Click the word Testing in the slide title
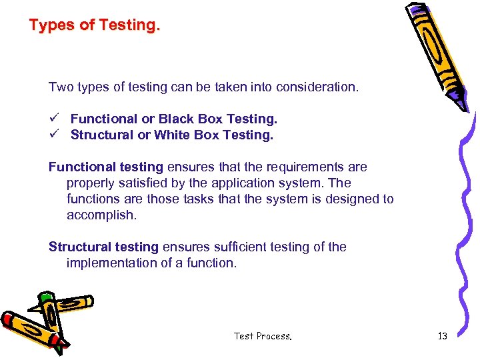point(129,25)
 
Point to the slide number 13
point(442,336)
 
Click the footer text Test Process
point(263,336)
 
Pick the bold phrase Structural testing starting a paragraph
point(104,247)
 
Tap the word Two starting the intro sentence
point(59,87)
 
